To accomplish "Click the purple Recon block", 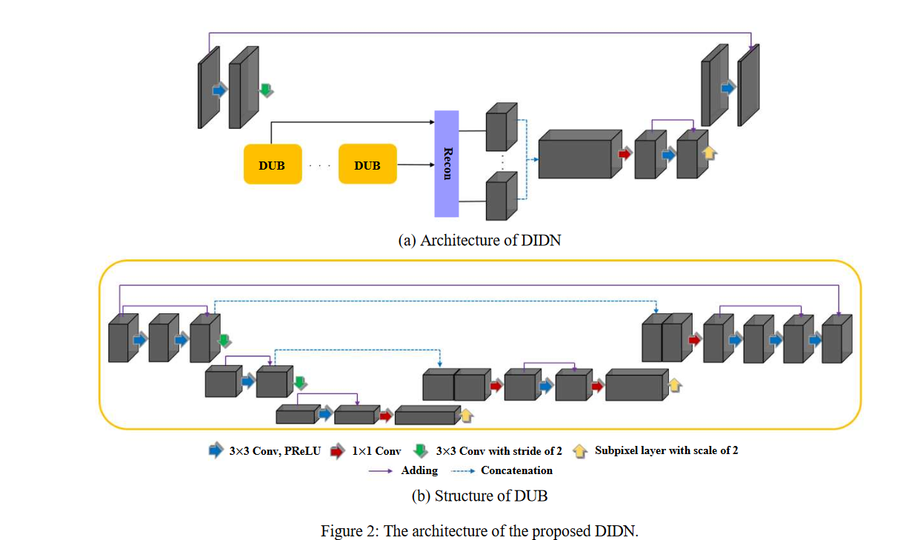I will pyautogui.click(x=446, y=164).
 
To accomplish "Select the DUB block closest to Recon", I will pyautogui.click(x=367, y=164).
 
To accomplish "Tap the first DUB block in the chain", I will pyautogui.click(x=272, y=164).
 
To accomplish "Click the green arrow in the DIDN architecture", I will pyautogui.click(x=266, y=90).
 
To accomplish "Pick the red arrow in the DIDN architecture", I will pyautogui.click(x=625, y=154).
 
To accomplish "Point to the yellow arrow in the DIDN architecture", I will pyautogui.click(x=709, y=153).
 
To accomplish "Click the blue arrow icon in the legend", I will pyautogui.click(x=216, y=450).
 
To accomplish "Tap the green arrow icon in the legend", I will pyautogui.click(x=421, y=450).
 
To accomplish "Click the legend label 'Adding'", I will pyautogui.click(x=419, y=470).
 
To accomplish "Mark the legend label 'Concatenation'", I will pyautogui.click(x=516, y=470).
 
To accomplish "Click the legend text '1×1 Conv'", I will pyautogui.click(x=377, y=450).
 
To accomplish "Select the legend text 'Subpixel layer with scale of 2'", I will pyautogui.click(x=666, y=450).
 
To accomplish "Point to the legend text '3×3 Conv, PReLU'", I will pyautogui.click(x=275, y=450).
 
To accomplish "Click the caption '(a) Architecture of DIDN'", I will pyautogui.click(x=479, y=240).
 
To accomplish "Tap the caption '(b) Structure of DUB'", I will pyautogui.click(x=479, y=496).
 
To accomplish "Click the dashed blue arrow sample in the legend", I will pyautogui.click(x=463, y=471).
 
